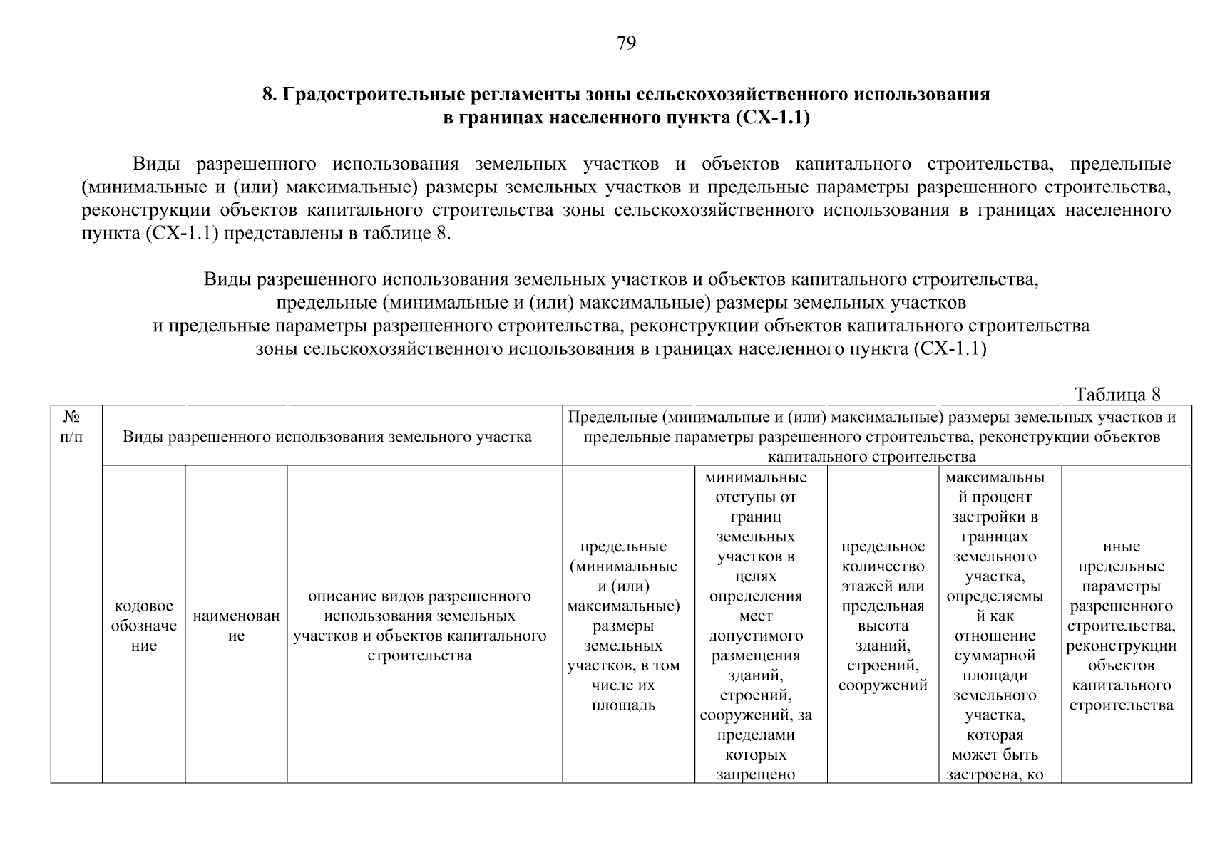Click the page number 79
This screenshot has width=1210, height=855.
point(625,44)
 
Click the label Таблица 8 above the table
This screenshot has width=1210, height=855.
point(1117,395)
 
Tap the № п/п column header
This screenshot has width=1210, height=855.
point(71,427)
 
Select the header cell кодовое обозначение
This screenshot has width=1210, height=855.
point(144,626)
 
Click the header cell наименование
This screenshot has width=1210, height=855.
point(236,626)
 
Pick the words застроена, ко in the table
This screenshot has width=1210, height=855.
point(995,774)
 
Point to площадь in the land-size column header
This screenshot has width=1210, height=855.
point(623,706)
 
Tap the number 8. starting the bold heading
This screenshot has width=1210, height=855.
point(270,95)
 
